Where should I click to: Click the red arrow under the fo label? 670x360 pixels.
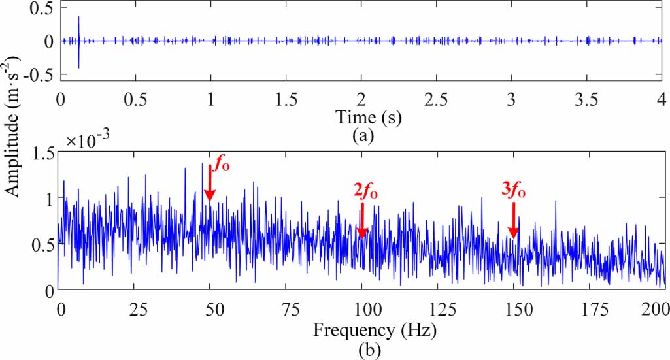coord(210,183)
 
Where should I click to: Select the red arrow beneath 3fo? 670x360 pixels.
coord(514,220)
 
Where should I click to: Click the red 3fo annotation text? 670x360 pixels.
coord(514,190)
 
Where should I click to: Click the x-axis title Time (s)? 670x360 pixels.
coord(368,117)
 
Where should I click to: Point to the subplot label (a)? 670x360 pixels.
coord(362,136)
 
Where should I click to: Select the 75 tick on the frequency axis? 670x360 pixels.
coord(286,307)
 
